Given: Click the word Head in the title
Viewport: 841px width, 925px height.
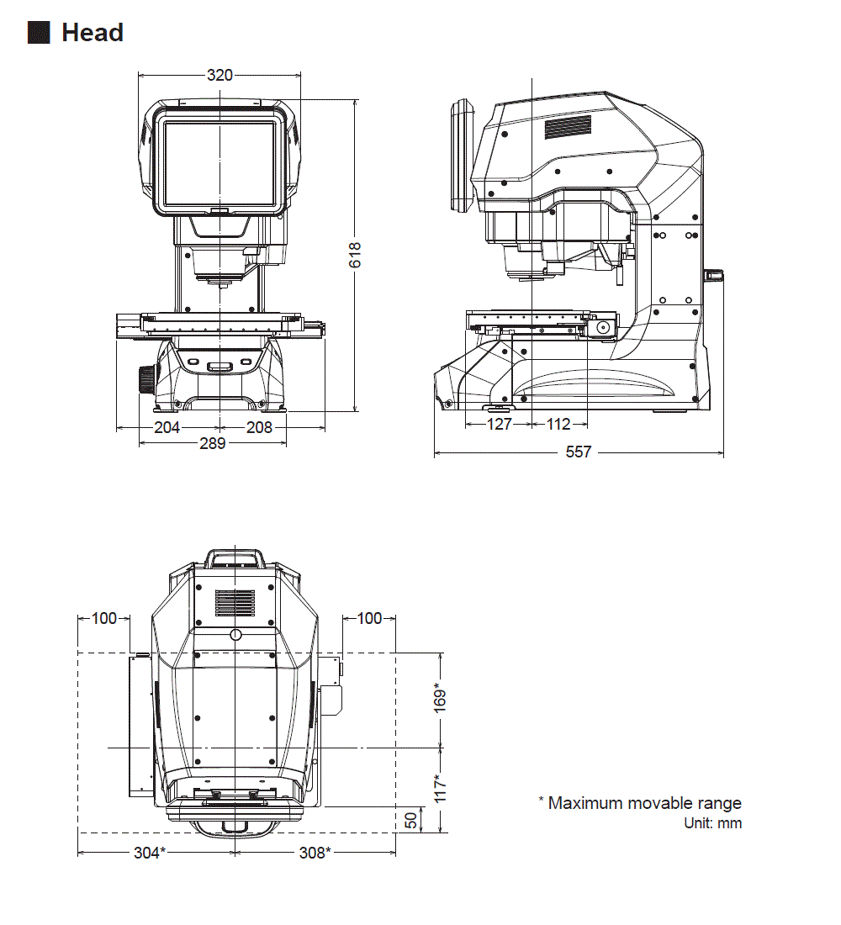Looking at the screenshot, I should click(x=93, y=33).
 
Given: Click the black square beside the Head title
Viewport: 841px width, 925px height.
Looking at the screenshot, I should click(x=39, y=33).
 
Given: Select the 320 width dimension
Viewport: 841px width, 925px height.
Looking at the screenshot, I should click(x=220, y=75).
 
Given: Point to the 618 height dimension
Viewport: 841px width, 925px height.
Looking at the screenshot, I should click(x=355, y=256).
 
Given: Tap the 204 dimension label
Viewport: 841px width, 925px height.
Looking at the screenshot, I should click(x=167, y=427).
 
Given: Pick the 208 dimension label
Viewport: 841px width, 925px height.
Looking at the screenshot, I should click(x=259, y=427).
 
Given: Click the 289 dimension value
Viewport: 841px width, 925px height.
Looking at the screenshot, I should click(x=212, y=443).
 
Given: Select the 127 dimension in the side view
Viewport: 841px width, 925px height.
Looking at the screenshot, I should click(x=499, y=425).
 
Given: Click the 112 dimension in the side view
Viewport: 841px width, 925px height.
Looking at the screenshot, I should click(x=558, y=425).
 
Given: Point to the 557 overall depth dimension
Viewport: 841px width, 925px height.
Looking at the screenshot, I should click(x=578, y=452).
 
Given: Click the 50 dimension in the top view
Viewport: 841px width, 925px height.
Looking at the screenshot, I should click(x=410, y=821).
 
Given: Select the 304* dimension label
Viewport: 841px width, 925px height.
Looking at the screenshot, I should click(x=150, y=853).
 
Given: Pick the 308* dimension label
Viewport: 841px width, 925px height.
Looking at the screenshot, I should click(x=315, y=853).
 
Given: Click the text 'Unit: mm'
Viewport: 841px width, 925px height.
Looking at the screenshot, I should click(x=713, y=823).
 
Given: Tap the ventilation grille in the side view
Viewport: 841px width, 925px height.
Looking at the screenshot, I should click(x=568, y=127).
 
